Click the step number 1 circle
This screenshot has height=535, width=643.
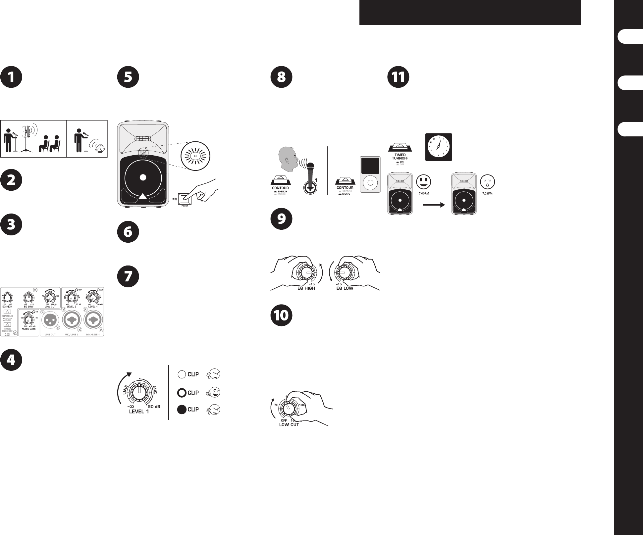[11, 77]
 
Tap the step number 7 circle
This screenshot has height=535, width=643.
[128, 276]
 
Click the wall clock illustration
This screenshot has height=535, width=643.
[439, 147]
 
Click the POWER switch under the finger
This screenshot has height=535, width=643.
[184, 200]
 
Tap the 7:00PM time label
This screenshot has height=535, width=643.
[422, 193]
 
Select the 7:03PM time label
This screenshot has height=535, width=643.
[487, 193]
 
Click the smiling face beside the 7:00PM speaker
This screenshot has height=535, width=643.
[424, 181]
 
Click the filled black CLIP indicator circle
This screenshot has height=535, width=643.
[182, 410]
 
